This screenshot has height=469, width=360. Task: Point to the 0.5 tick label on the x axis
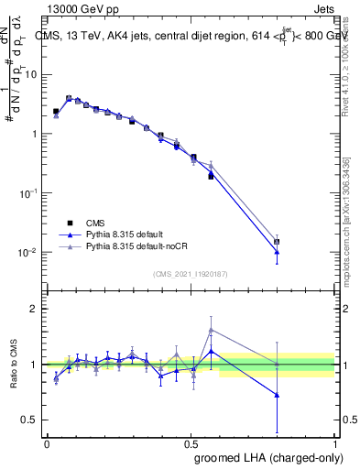(x=191, y=443)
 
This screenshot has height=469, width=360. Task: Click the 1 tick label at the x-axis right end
(x=335, y=443)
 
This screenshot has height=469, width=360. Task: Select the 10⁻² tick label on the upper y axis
(x=29, y=252)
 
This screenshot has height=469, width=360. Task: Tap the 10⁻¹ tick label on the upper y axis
(x=29, y=193)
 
